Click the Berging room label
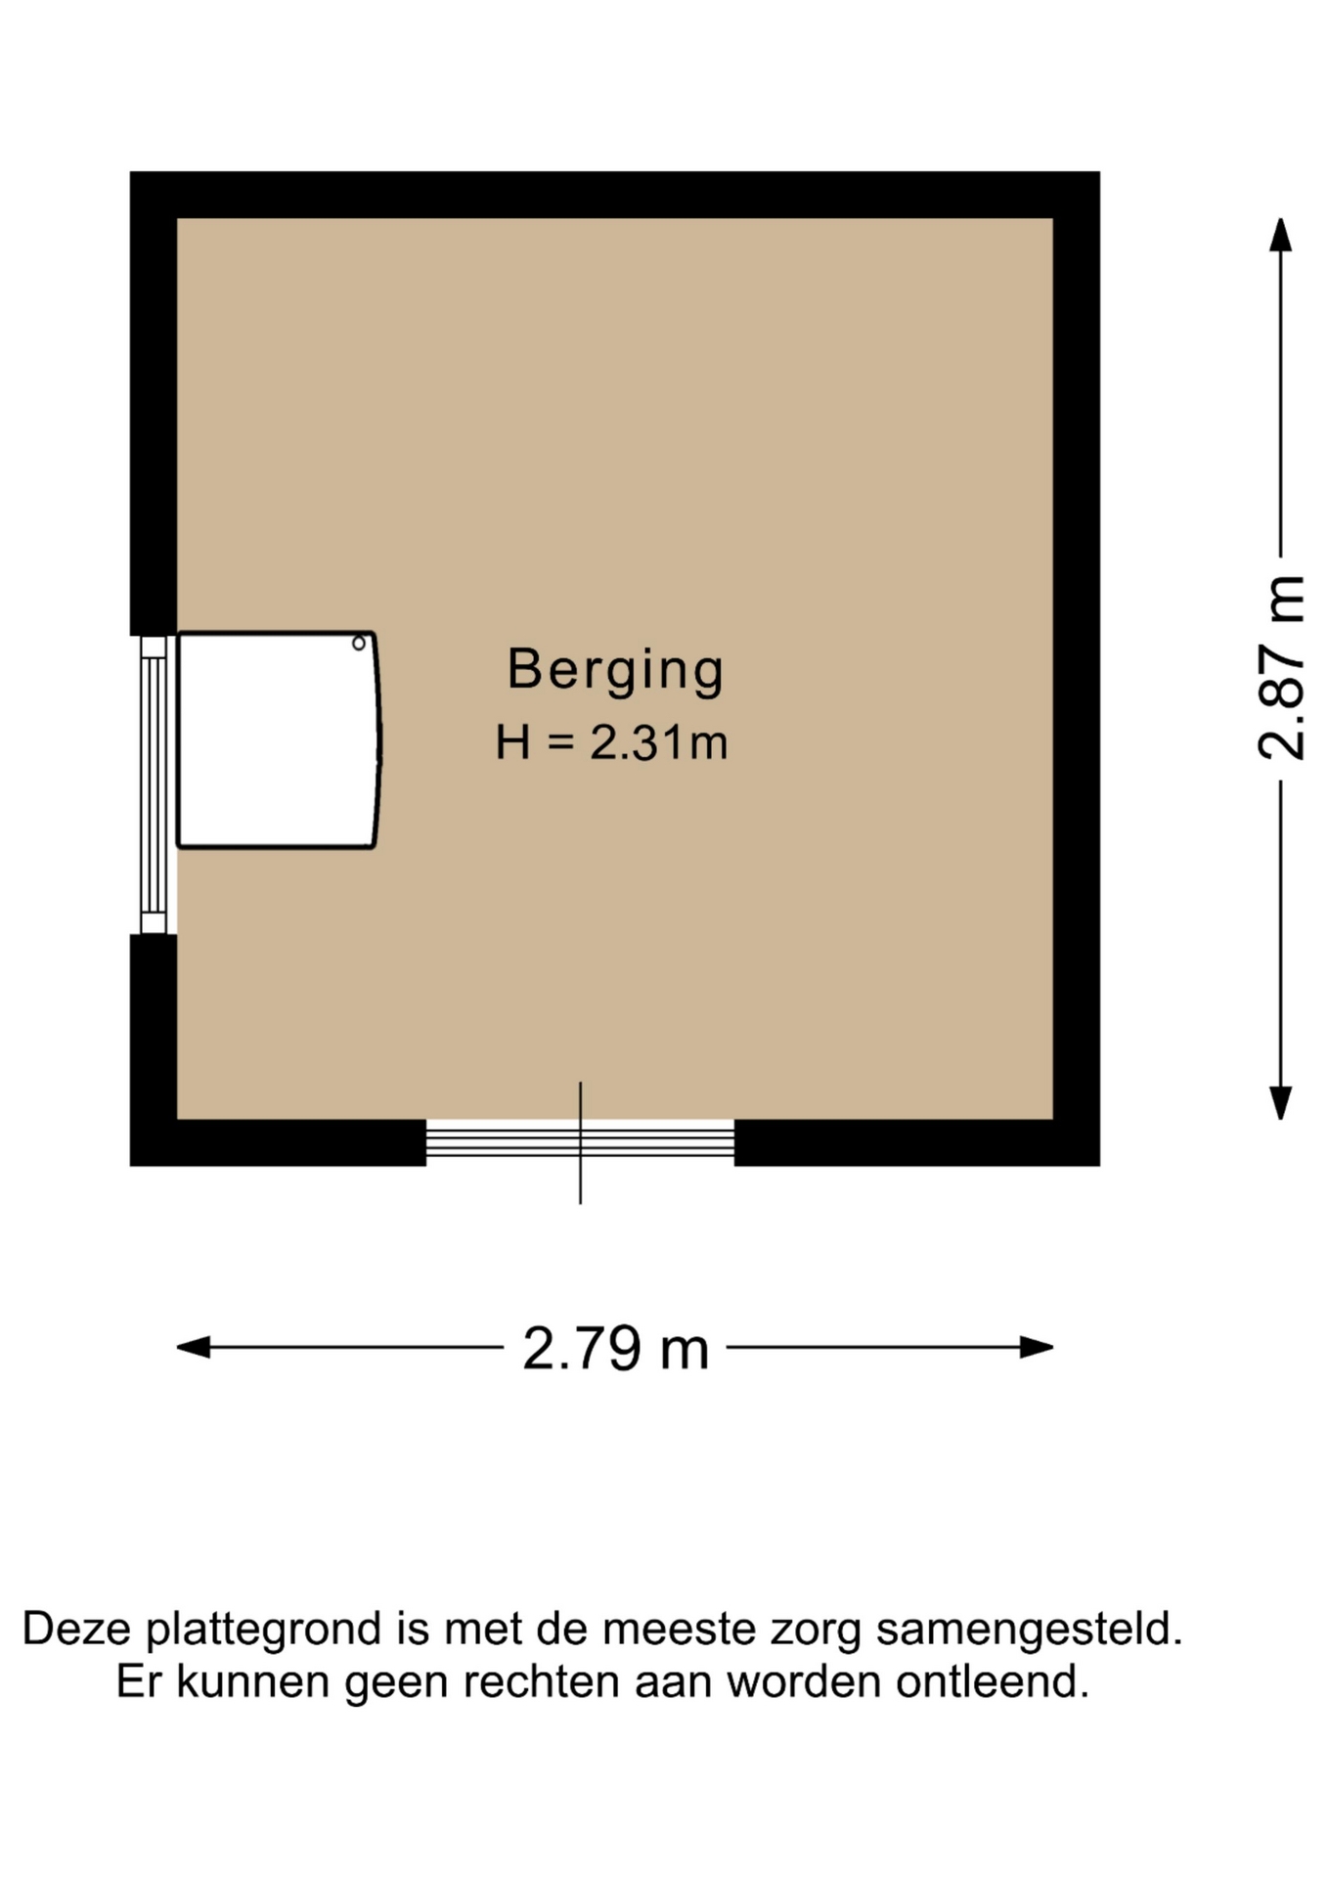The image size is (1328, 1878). coord(615,671)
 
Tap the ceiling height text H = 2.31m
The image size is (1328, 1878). coord(612,742)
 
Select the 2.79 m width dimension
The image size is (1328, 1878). coord(615,1348)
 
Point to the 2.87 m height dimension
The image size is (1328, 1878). coord(1282,668)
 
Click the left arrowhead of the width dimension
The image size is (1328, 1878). coord(194,1347)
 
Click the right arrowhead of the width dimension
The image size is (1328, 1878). coord(1037,1347)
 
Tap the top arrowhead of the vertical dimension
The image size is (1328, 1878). coord(1280,235)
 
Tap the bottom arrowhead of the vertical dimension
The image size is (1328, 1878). coord(1280,1102)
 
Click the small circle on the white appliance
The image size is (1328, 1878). coord(359,643)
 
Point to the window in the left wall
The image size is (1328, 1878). coord(154,784)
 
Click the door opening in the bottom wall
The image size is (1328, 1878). coord(580,1140)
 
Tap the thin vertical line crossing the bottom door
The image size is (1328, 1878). coord(581,1142)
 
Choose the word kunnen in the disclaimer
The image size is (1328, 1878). coord(252,1682)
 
